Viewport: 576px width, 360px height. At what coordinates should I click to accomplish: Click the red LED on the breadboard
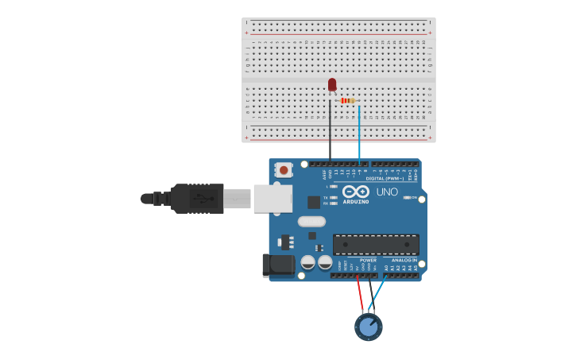[332, 84]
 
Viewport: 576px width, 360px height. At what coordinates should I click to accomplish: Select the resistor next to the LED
[347, 101]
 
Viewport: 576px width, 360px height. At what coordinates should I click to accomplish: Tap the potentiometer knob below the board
[368, 327]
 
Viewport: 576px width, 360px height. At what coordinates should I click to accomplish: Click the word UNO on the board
[387, 192]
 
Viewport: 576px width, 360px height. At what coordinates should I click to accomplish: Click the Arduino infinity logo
[357, 192]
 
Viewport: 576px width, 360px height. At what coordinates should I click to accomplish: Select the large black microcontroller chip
[376, 245]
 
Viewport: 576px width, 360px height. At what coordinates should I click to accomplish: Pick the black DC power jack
[278, 265]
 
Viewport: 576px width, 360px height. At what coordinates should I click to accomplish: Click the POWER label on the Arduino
[368, 260]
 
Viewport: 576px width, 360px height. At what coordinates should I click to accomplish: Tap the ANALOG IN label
[404, 260]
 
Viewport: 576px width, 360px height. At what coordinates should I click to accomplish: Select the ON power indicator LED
[406, 197]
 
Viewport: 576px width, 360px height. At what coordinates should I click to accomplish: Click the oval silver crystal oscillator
[311, 222]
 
